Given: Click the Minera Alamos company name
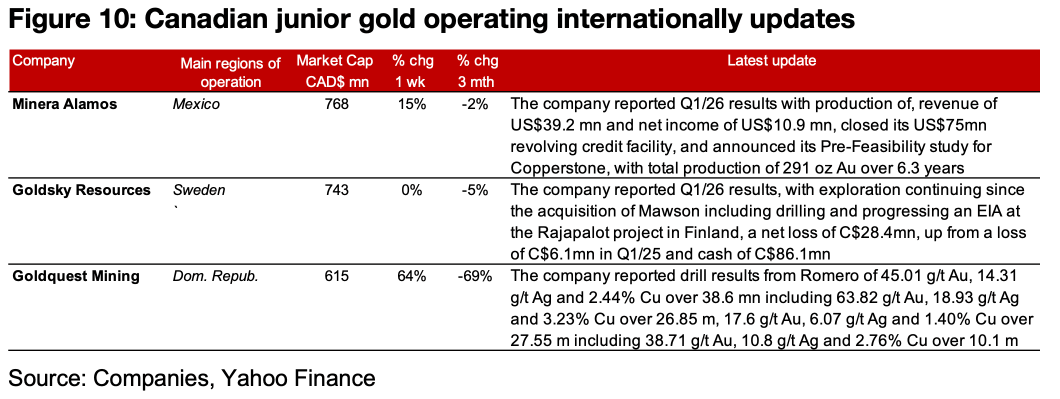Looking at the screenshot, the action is coord(64,104).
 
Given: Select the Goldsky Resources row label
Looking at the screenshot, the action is coord(81,190).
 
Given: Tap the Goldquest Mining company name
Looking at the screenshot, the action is coord(76,276).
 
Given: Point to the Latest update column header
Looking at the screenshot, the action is coord(771,61).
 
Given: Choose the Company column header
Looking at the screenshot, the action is coord(43,61).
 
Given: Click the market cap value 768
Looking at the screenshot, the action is coord(336,104).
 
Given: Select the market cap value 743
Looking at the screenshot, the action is coord(336,190).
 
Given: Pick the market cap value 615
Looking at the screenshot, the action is coord(336,276).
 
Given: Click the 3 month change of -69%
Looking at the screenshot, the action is coord(474,276).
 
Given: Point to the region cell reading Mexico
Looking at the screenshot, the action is coord(196,104).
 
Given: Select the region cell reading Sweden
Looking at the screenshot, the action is coord(199,190).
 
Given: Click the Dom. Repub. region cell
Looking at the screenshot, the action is coord(215,276).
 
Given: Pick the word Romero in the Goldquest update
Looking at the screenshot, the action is coord(827,276).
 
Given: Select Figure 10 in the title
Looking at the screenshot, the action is coord(70,20).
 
